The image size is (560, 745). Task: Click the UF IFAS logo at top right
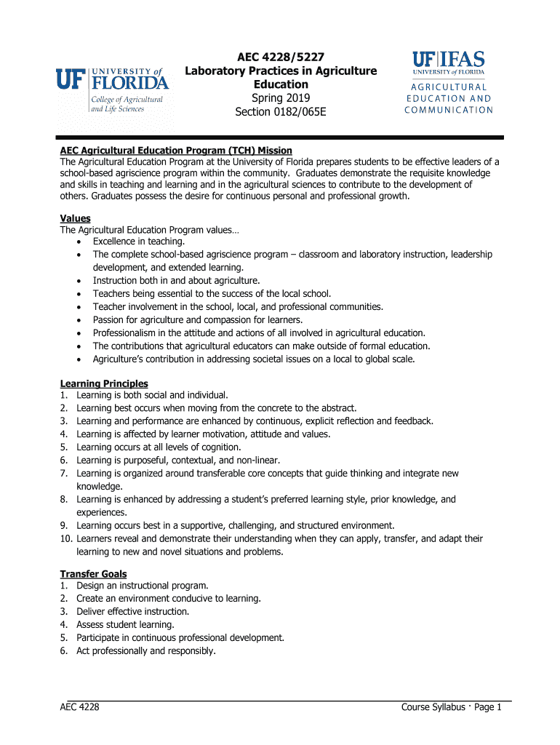click(448, 63)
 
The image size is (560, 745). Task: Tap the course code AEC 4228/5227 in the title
click(280, 57)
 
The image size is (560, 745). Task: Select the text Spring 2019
click(280, 98)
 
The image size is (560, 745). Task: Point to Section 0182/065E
click(280, 112)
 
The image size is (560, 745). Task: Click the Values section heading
click(75, 218)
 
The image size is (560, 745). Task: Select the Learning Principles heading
click(103, 383)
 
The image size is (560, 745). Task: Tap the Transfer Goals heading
click(93, 574)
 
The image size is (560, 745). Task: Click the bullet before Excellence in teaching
click(78, 242)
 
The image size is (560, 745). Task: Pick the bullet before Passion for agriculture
click(78, 320)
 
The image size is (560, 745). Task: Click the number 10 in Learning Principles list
click(65, 539)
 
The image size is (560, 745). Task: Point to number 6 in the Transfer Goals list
click(64, 651)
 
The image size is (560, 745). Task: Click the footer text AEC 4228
click(79, 707)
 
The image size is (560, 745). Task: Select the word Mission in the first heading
click(272, 151)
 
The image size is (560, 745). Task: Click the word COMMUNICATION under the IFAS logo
click(449, 111)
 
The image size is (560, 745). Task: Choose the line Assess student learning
click(125, 625)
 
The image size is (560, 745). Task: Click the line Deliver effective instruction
click(132, 612)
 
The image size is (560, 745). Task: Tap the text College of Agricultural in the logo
click(125, 99)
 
